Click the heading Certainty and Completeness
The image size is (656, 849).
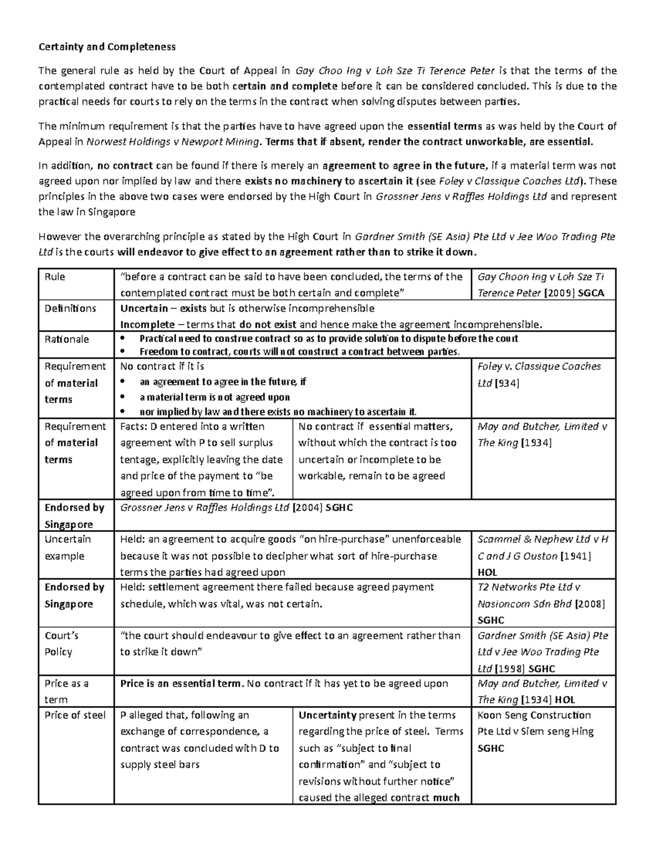tap(107, 46)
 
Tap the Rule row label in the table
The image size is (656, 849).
tap(55, 277)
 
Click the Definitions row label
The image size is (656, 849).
tap(70, 308)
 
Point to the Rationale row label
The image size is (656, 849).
tap(66, 339)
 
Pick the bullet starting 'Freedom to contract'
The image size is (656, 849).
tap(300, 352)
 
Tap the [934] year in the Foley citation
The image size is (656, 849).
tap(507, 383)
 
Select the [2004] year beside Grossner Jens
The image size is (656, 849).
tap(308, 507)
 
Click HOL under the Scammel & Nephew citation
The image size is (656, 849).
tap(487, 572)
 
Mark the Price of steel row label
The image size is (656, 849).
tap(75, 715)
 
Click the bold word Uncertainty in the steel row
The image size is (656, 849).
tap(327, 715)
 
